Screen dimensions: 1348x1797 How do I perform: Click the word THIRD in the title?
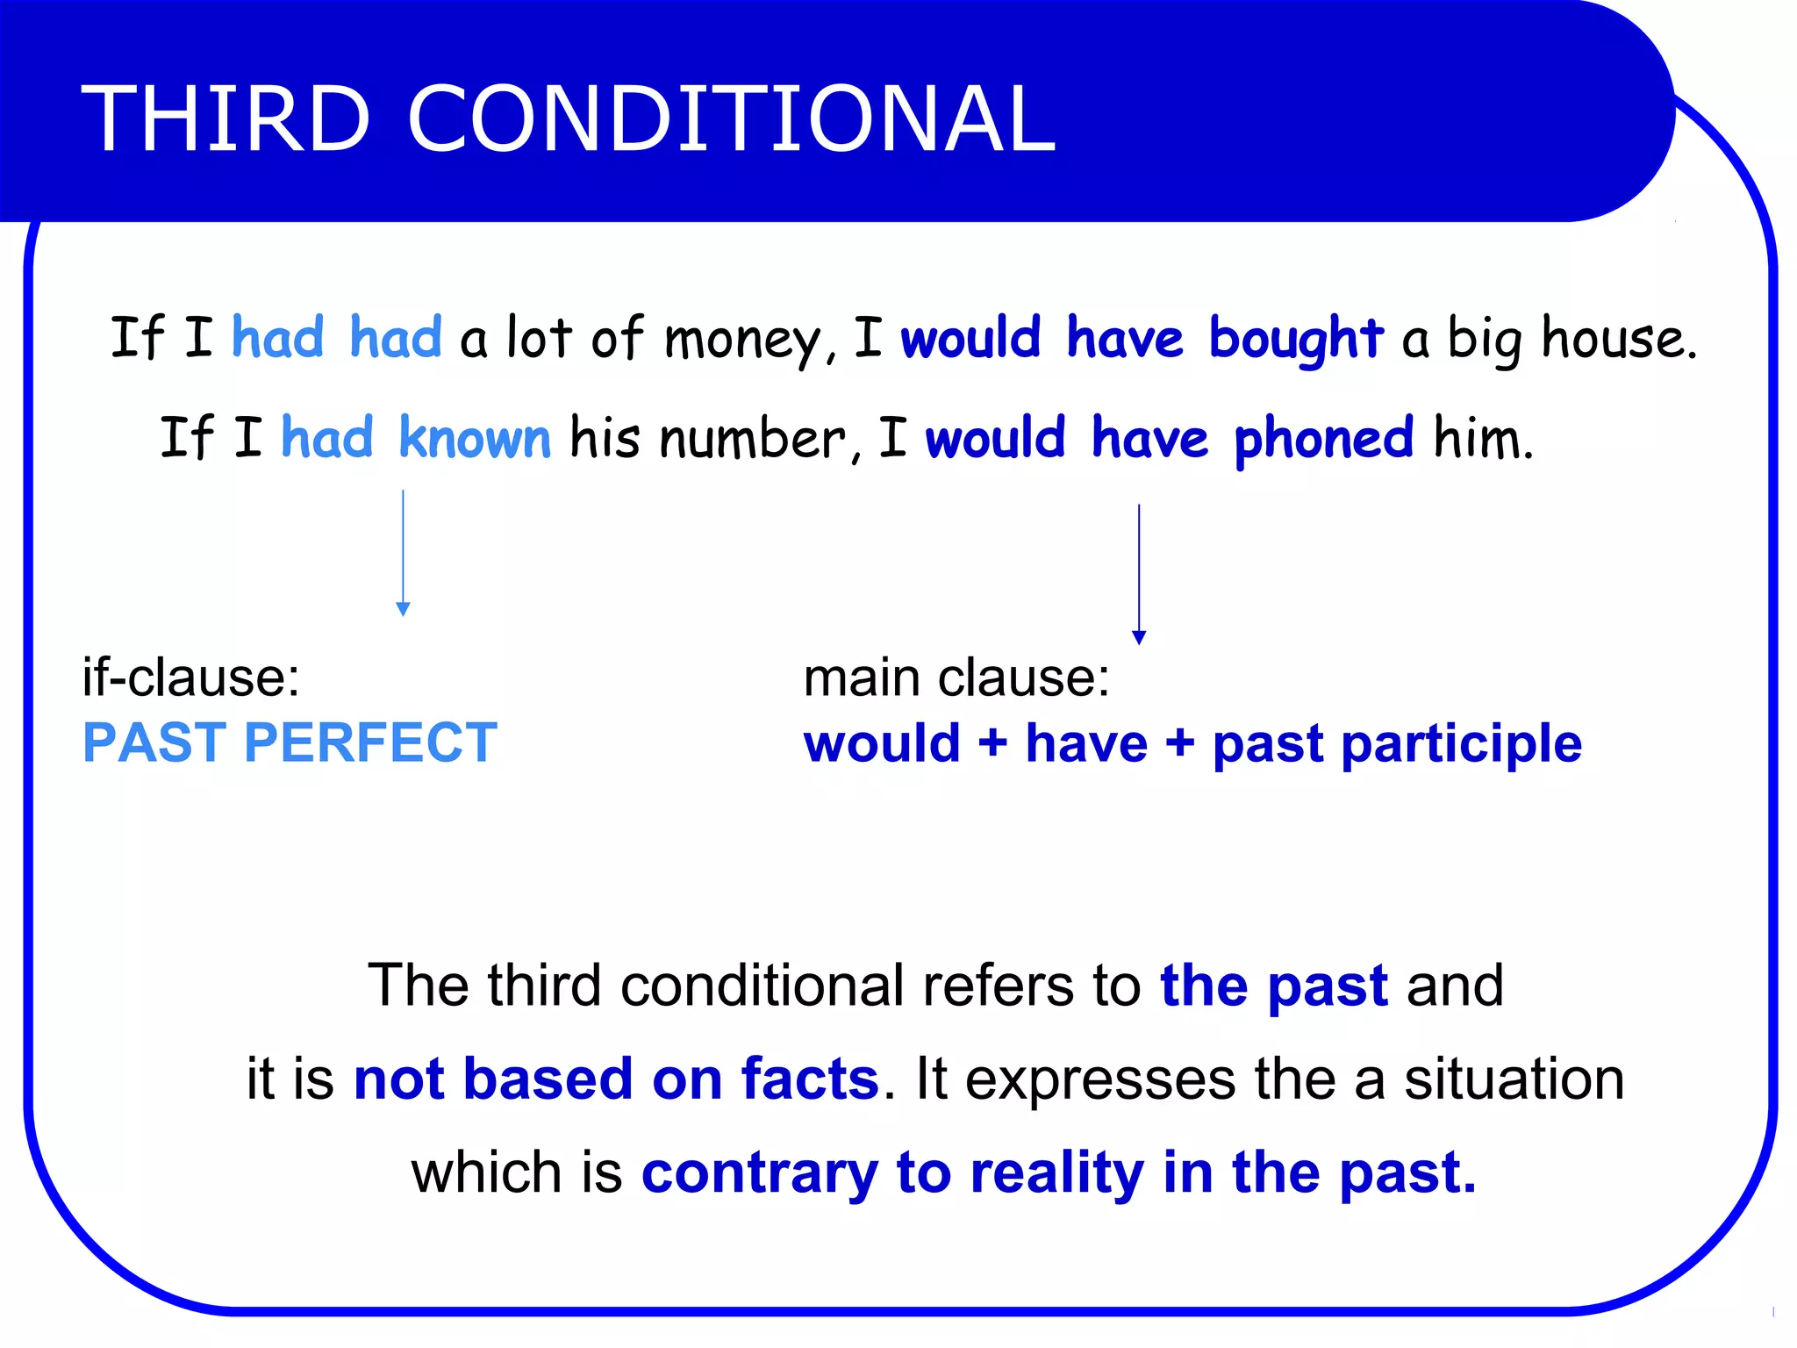[226, 118]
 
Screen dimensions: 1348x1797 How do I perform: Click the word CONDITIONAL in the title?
[731, 118]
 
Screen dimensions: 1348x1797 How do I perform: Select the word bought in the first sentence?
[1295, 339]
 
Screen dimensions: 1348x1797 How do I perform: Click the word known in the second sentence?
[475, 438]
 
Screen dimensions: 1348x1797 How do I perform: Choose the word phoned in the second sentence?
[1323, 440]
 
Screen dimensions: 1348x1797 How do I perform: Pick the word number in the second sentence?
[753, 438]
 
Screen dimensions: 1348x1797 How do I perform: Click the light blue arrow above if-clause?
[403, 553]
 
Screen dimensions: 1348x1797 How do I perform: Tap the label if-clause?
[191, 678]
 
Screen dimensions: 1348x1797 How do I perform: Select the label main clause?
[956, 678]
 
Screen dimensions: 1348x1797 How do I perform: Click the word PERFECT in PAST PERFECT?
[370, 742]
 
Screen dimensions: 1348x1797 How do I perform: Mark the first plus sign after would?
[992, 743]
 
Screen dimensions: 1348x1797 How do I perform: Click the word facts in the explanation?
[809, 1079]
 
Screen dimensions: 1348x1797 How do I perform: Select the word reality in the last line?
[1056, 1172]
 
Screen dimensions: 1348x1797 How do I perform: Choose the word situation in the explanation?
[1514, 1079]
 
